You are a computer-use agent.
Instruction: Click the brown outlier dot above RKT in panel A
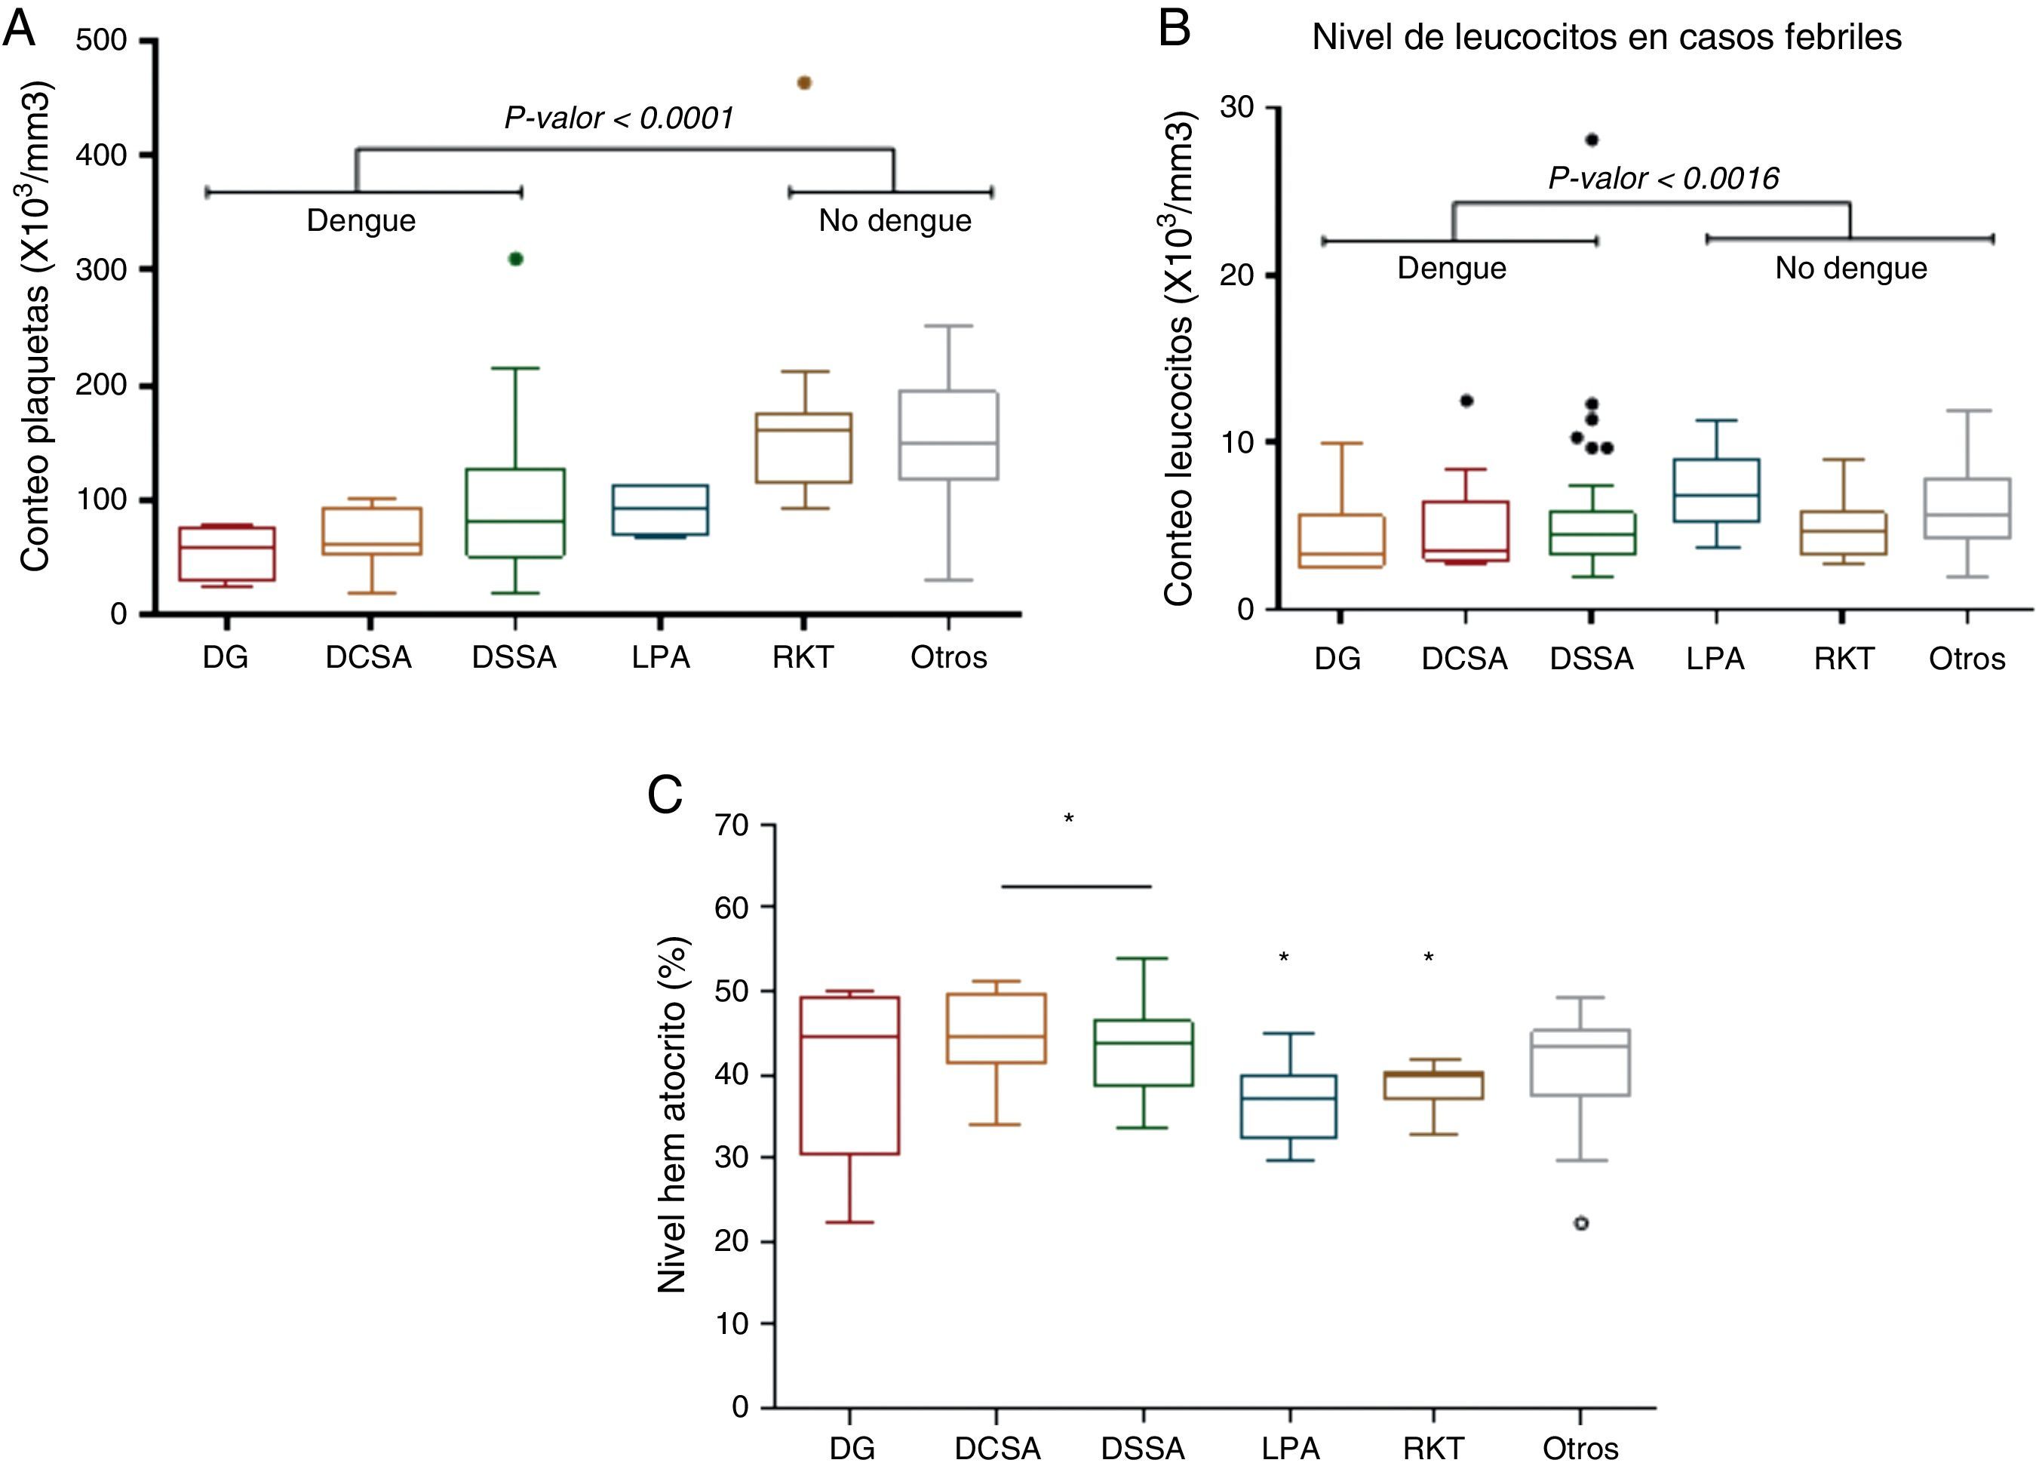(x=804, y=82)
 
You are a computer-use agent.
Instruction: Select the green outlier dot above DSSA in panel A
(x=515, y=259)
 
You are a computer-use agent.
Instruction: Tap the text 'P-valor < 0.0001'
(x=619, y=118)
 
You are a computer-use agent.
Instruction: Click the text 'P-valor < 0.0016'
(x=1663, y=179)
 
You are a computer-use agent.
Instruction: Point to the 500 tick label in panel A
(x=100, y=41)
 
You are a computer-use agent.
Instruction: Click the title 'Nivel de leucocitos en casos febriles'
(x=1607, y=37)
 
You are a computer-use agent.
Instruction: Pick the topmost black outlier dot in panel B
(x=1592, y=139)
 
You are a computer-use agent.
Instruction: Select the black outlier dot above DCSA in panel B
(x=1466, y=401)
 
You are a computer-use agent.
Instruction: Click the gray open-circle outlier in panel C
(x=1581, y=1223)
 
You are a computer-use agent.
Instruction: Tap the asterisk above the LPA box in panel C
(x=1284, y=958)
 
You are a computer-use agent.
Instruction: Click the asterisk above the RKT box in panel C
(x=1428, y=958)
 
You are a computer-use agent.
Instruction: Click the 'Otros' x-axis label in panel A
(x=948, y=657)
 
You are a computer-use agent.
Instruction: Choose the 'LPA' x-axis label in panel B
(x=1715, y=659)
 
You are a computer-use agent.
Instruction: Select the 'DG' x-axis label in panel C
(x=851, y=1448)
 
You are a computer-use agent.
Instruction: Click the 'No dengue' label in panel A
(x=894, y=221)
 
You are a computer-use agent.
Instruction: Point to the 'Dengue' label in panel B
(x=1451, y=269)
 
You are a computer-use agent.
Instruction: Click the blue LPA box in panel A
(x=661, y=510)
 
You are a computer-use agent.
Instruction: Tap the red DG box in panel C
(x=849, y=1074)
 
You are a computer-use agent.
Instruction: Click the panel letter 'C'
(x=665, y=794)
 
